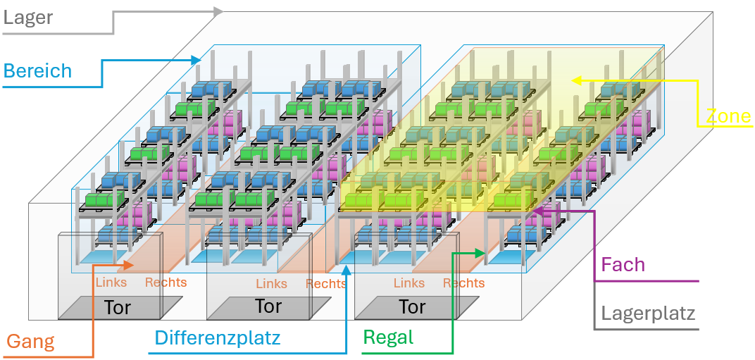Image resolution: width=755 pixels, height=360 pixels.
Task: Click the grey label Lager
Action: click(28, 17)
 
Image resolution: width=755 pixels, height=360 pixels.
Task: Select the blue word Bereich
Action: click(37, 71)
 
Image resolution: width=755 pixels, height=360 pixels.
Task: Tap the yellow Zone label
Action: click(729, 116)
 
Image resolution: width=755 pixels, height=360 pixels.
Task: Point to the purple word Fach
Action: click(623, 265)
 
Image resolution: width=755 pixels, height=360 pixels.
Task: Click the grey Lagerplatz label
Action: click(648, 314)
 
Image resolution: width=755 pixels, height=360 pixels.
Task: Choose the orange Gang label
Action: click(30, 342)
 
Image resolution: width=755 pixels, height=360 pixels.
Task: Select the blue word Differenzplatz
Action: click(218, 337)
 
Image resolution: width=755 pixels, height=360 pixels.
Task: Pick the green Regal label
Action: click(388, 337)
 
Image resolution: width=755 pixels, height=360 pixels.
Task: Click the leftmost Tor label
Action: click(117, 307)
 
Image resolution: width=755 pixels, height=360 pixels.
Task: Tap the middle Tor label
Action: click(268, 307)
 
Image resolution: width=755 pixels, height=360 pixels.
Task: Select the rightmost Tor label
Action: click(412, 307)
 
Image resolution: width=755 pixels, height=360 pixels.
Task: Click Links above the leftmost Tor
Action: click(111, 283)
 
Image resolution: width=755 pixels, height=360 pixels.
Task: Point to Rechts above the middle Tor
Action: click(326, 284)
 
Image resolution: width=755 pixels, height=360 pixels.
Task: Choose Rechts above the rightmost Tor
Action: click(463, 283)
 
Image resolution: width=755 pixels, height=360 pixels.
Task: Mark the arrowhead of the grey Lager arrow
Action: click(219, 11)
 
